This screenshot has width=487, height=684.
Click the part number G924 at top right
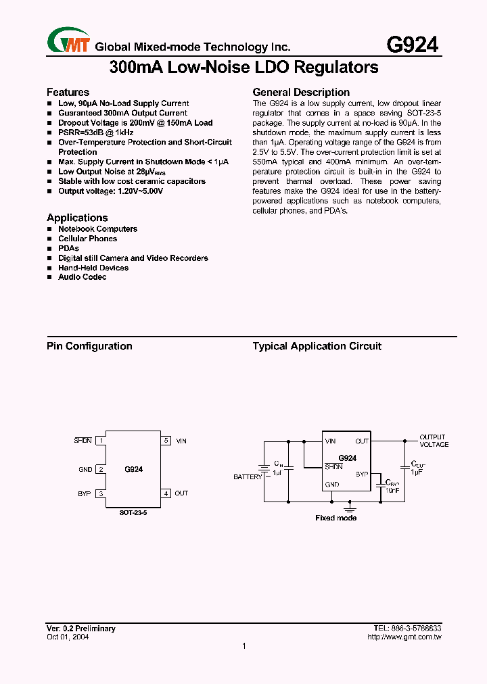coord(412,45)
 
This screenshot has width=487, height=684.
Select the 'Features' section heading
coord(68,92)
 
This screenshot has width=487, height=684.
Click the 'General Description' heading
coord(301,92)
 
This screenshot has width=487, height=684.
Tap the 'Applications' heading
coord(77,218)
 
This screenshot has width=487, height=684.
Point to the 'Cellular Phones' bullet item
coord(87,239)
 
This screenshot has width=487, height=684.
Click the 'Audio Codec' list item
coord(82,277)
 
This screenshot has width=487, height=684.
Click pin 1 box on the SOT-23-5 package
coord(101,441)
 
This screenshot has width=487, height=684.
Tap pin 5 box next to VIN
coord(166,441)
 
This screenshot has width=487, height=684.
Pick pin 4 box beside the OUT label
coord(166,493)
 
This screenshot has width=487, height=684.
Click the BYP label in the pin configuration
coord(84,494)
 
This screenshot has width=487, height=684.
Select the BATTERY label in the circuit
coord(248,477)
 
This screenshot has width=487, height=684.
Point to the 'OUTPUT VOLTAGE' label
coord(434,441)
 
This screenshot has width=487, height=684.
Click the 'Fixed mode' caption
coord(336,518)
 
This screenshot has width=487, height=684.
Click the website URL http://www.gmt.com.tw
coord(404,637)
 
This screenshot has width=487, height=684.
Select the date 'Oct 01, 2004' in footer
coord(68,637)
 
